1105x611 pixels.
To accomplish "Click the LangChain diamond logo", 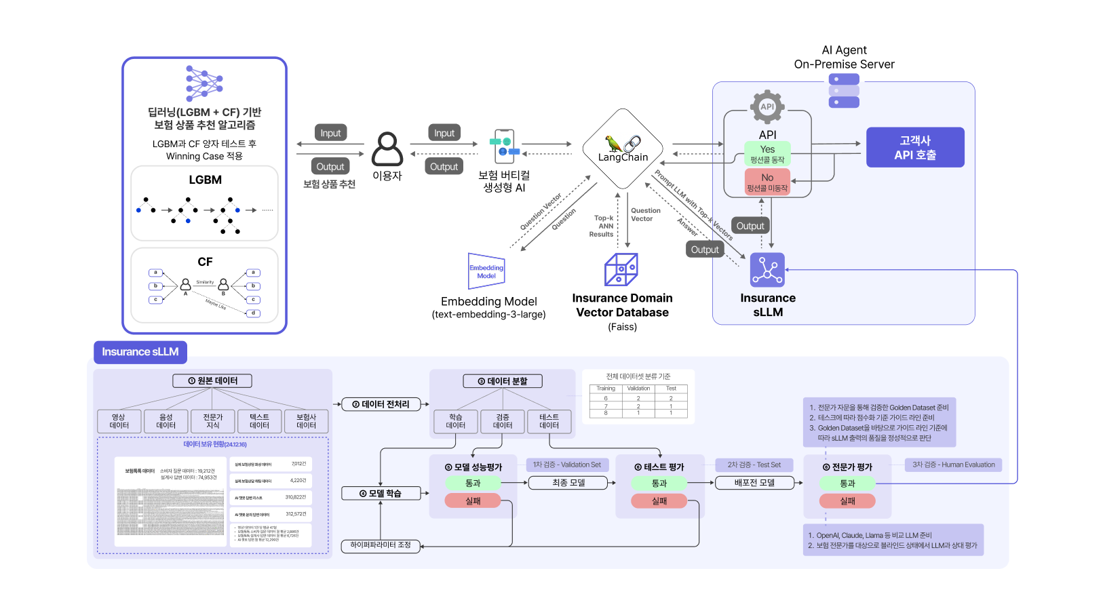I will (623, 149).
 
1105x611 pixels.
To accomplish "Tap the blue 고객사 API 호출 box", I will (915, 147).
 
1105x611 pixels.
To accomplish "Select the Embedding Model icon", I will (486, 271).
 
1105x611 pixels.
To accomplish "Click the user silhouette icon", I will (387, 149).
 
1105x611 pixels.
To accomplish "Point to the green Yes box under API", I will (767, 154).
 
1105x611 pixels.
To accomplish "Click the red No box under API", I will (767, 182).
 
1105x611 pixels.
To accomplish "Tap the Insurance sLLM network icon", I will (767, 270).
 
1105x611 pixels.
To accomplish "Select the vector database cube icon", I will (621, 269).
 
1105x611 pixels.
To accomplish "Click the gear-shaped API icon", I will (767, 107).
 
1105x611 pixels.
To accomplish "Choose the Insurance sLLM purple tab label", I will (140, 352).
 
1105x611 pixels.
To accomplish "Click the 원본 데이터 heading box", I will (212, 381).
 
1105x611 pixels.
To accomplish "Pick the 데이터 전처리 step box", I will (381, 404).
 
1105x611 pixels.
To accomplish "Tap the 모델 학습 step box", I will (381, 494).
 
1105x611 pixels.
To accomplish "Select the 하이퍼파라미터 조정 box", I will (381, 545).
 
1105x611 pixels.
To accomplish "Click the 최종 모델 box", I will (568, 483).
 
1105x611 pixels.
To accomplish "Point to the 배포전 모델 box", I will (754, 483).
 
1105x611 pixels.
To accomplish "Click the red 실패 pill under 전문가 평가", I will (847, 501).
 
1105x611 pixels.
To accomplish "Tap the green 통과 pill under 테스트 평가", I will (659, 484).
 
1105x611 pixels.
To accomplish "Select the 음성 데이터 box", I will (166, 421).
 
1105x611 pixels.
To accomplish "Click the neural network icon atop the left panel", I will (204, 83).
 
